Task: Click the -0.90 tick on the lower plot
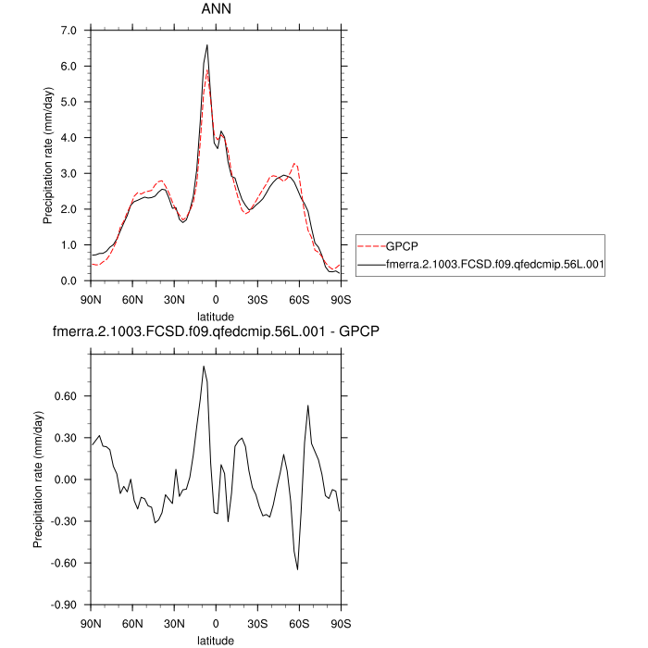[69, 605]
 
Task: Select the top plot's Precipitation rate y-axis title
[48, 156]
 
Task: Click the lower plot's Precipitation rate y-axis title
[39, 480]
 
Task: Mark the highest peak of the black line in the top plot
[207, 44]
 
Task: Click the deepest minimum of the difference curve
[298, 569]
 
